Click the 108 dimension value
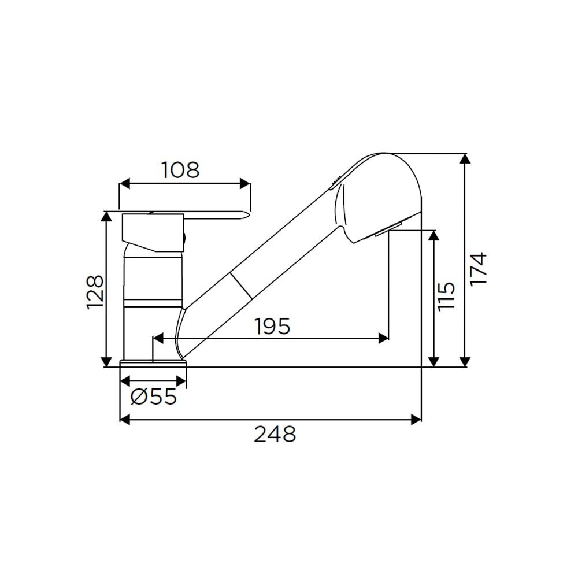(180, 170)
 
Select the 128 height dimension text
(95, 291)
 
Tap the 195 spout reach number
(272, 327)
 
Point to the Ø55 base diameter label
(153, 397)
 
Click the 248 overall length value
(275, 433)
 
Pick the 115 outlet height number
(446, 296)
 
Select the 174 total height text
(479, 268)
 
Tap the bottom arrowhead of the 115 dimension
(433, 361)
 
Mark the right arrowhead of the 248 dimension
(415, 419)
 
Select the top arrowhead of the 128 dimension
(106, 217)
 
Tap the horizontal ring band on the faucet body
(153, 303)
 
